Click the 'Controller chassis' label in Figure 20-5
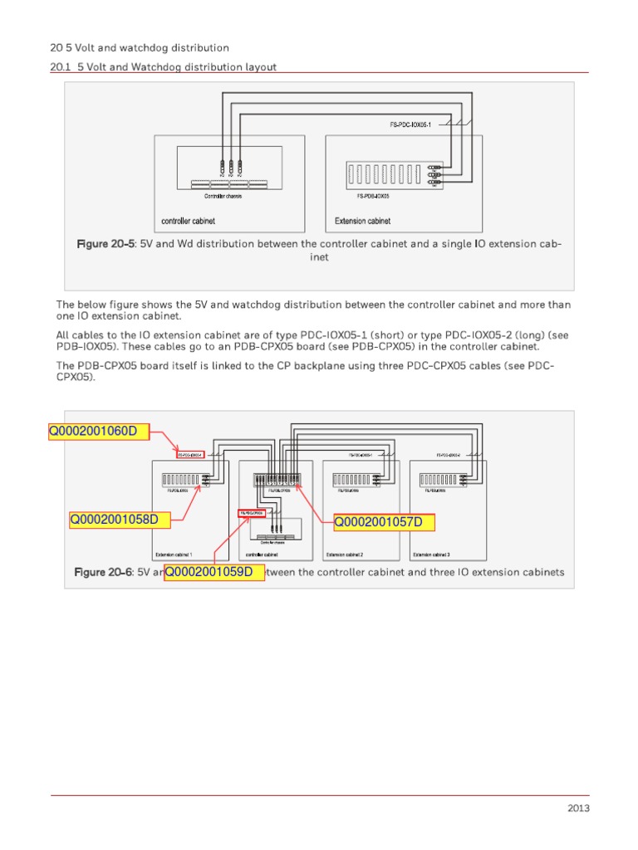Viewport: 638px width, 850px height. (223, 197)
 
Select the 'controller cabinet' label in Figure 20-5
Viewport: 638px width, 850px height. (189, 222)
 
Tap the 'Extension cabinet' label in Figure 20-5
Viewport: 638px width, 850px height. (362, 222)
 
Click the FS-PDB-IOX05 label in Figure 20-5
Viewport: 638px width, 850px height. (373, 197)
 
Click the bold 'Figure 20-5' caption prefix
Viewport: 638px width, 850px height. (106, 244)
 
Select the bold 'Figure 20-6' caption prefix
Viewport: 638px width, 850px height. (104, 572)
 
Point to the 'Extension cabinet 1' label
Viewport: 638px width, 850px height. (174, 554)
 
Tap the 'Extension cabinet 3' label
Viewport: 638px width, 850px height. (432, 554)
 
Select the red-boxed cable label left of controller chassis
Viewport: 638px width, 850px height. (252, 513)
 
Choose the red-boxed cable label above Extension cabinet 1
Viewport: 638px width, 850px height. (190, 455)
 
